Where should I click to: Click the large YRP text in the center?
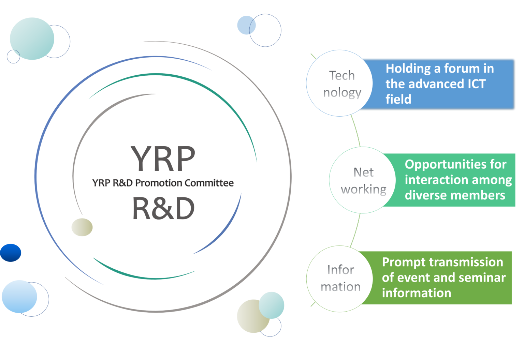click(x=163, y=159)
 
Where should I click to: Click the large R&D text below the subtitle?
click(x=163, y=209)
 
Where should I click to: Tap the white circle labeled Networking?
click(x=362, y=180)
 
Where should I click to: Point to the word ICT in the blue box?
click(x=474, y=84)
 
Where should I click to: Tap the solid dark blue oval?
click(x=11, y=253)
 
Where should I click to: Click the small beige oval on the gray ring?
click(x=82, y=227)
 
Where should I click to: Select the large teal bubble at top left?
click(x=32, y=39)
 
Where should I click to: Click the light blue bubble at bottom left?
click(x=19, y=296)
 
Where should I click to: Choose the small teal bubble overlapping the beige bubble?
click(x=272, y=305)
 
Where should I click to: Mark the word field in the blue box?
click(x=398, y=99)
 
